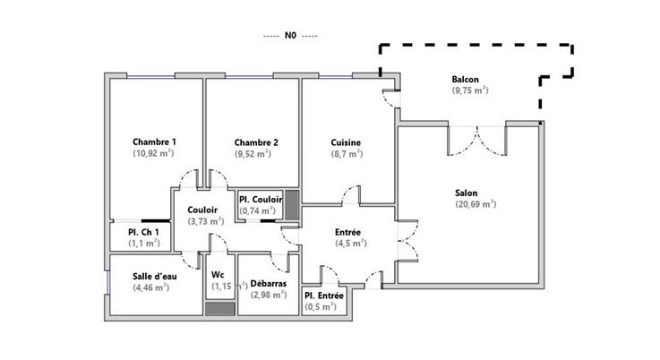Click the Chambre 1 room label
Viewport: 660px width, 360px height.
click(154, 142)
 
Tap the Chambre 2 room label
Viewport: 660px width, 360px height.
click(256, 142)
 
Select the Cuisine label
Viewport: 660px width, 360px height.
click(346, 142)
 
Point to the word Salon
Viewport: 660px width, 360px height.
click(466, 193)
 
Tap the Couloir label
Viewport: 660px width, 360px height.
click(203, 210)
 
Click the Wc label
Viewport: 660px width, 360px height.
click(218, 275)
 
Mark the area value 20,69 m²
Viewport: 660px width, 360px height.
click(475, 204)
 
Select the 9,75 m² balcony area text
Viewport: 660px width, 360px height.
click(470, 90)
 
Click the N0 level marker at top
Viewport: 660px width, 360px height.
click(290, 37)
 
